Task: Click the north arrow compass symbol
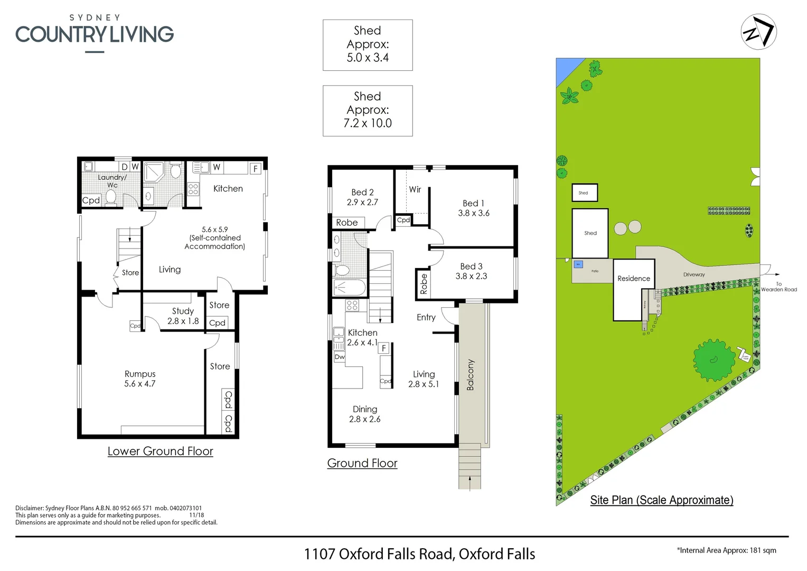coord(758,32)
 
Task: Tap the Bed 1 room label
coord(473,204)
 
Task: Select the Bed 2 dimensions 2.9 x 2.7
coord(362,202)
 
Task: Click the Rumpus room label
coord(140,374)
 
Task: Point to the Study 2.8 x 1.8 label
coord(183,316)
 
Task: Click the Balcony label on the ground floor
coord(470,375)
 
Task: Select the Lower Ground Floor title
coord(160,452)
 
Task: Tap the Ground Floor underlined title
coord(362,464)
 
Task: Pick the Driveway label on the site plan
coord(694,274)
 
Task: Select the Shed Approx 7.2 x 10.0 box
coord(368,110)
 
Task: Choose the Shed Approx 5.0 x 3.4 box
coord(368,45)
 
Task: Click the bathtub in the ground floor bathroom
coord(349,288)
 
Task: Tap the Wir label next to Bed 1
coord(415,189)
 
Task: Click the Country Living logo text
coord(95,34)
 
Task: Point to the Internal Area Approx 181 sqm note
coord(726,550)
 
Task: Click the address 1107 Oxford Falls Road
coord(419,554)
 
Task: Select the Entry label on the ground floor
coord(426,317)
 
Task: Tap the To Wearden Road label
coord(778,287)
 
